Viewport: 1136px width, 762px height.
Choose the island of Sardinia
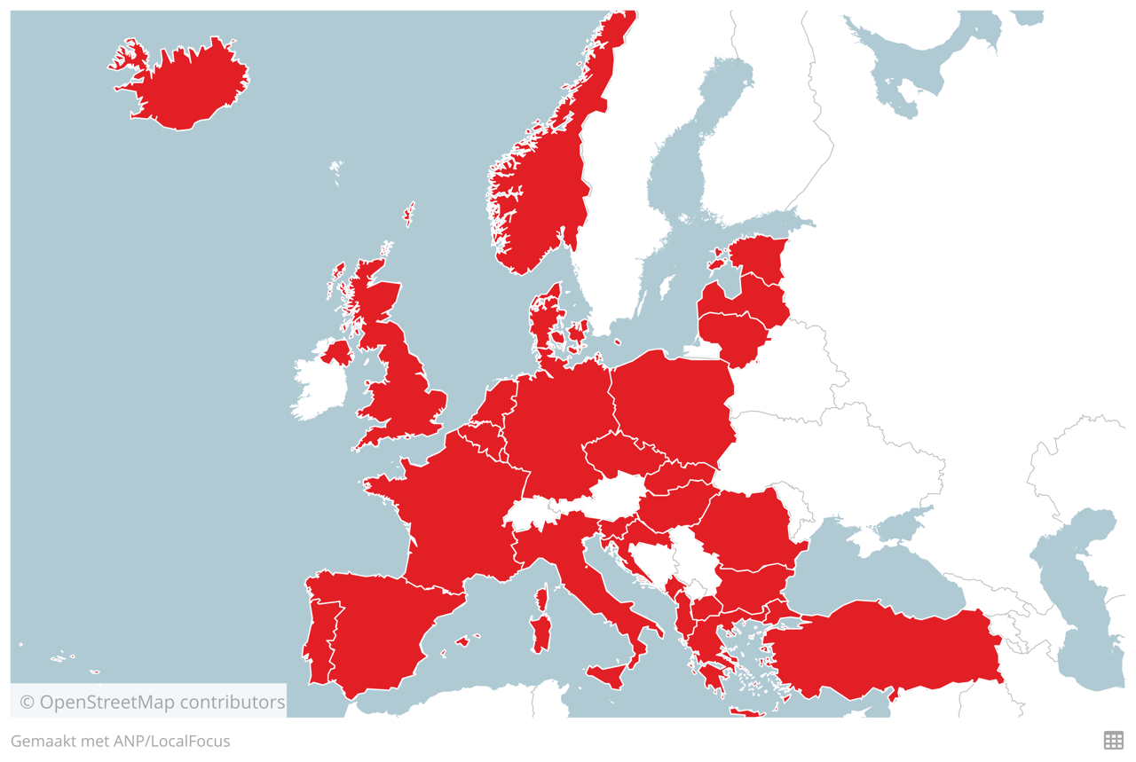[540, 635]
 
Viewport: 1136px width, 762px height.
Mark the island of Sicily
[611, 675]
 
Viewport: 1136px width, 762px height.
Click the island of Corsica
[541, 600]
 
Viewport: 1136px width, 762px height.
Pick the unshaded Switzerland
[532, 513]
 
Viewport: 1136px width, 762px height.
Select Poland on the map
[674, 404]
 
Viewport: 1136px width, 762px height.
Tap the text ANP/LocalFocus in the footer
[171, 741]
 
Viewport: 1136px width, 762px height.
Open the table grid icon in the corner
[1113, 740]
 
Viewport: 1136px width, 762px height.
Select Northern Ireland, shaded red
[337, 352]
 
